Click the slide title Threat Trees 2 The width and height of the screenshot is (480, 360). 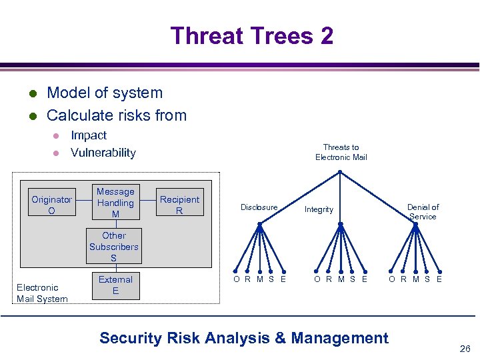(x=251, y=35)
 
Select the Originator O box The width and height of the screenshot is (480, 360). (x=51, y=205)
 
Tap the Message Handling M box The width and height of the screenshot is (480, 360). (x=115, y=203)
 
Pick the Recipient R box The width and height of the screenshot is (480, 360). (x=179, y=205)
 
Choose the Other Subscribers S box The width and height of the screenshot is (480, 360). (x=114, y=247)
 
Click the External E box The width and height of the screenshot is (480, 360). (x=115, y=285)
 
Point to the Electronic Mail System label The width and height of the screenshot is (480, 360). (x=42, y=293)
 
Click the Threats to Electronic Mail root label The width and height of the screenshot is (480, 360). (x=341, y=152)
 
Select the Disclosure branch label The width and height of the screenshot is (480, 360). (x=259, y=207)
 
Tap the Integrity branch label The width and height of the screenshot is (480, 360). (x=319, y=209)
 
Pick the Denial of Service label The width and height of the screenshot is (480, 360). (x=423, y=212)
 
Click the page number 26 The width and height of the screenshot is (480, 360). (x=465, y=348)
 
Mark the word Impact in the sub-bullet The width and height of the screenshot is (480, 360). (x=89, y=135)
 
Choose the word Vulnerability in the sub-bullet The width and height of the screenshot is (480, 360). (x=103, y=153)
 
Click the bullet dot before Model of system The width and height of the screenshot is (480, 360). (x=31, y=93)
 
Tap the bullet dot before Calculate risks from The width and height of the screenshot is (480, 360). (x=31, y=116)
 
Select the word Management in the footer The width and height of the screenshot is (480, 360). (x=339, y=338)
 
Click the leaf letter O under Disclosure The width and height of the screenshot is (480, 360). (x=236, y=279)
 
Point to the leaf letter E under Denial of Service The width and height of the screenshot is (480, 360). (x=439, y=279)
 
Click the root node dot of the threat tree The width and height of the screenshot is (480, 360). (x=340, y=172)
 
